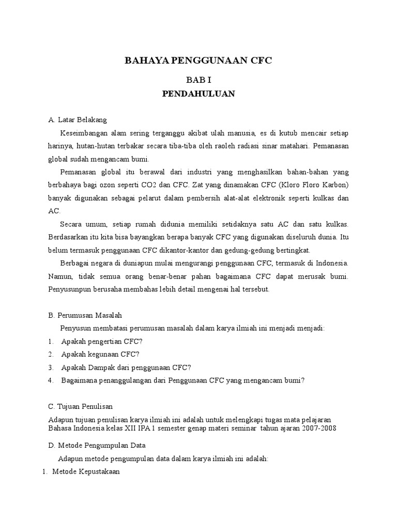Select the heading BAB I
pyautogui.click(x=198, y=80)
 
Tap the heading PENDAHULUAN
pyautogui.click(x=198, y=94)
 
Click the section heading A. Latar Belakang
pyautogui.click(x=77, y=120)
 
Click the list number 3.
pyautogui.click(x=51, y=367)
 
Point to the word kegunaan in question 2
pyautogui.click(x=102, y=355)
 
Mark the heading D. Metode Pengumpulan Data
pyautogui.click(x=97, y=445)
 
